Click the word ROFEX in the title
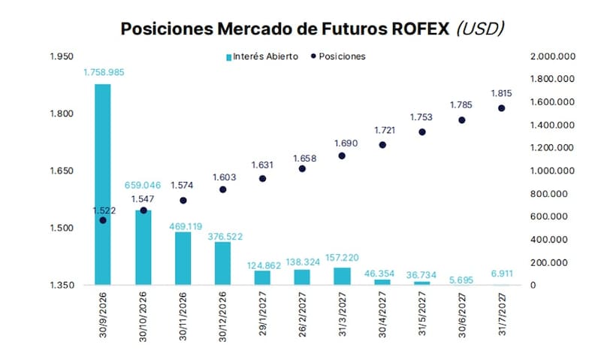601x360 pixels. (x=420, y=29)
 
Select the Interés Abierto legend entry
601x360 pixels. (x=262, y=56)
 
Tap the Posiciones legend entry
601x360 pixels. (x=338, y=56)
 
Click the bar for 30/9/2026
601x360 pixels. (x=103, y=184)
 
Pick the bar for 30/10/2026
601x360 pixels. (x=143, y=247)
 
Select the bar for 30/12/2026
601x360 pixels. (x=222, y=263)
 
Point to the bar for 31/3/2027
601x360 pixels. (x=342, y=276)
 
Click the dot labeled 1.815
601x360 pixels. (x=501, y=108)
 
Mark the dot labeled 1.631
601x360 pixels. (x=262, y=179)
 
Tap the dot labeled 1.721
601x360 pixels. (x=382, y=145)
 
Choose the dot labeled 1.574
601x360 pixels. (x=183, y=201)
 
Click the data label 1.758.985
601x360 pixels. (x=104, y=72)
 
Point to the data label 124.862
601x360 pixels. (x=264, y=266)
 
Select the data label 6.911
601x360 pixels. (x=502, y=274)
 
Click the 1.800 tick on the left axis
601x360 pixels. (x=62, y=114)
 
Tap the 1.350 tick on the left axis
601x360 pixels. (x=62, y=286)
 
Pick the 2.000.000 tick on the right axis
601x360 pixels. (x=553, y=56)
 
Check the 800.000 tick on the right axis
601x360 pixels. (x=549, y=194)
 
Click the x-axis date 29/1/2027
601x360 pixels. (x=263, y=313)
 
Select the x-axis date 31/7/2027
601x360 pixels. (x=502, y=314)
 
